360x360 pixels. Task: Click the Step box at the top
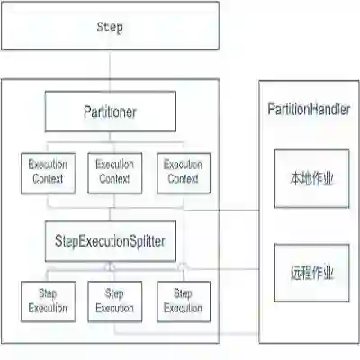click(x=110, y=27)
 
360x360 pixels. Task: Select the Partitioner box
click(x=110, y=112)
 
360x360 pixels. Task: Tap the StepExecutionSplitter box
click(x=110, y=240)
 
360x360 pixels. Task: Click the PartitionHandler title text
click(x=309, y=108)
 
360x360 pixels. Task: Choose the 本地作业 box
click(x=311, y=178)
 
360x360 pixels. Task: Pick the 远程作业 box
click(x=311, y=272)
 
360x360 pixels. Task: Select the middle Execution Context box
click(x=114, y=173)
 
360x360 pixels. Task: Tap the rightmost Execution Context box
click(x=183, y=173)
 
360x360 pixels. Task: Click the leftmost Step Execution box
click(x=47, y=301)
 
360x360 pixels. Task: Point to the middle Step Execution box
click(x=114, y=301)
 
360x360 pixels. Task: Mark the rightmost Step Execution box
click(x=183, y=301)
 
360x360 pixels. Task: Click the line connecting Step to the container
click(x=110, y=65)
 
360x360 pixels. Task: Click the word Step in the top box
click(x=110, y=27)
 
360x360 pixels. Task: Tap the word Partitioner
click(x=110, y=112)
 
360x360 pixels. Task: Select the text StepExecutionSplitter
click(x=110, y=240)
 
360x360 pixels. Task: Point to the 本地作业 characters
click(x=311, y=178)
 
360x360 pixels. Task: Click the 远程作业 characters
click(x=311, y=272)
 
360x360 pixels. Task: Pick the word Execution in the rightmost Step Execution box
click(x=183, y=308)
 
